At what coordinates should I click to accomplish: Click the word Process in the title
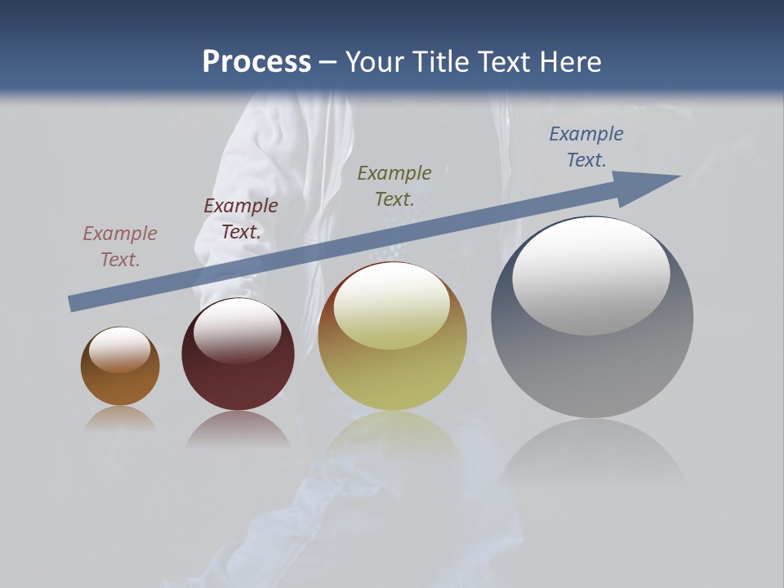tap(256, 62)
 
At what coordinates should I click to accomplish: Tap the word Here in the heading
tap(568, 62)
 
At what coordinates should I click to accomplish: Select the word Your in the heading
tap(375, 62)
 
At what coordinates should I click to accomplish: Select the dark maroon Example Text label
tap(241, 219)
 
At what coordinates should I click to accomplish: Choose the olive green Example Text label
tap(394, 186)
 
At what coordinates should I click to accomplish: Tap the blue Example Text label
tap(586, 147)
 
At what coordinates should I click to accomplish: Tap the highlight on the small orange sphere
tap(120, 350)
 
